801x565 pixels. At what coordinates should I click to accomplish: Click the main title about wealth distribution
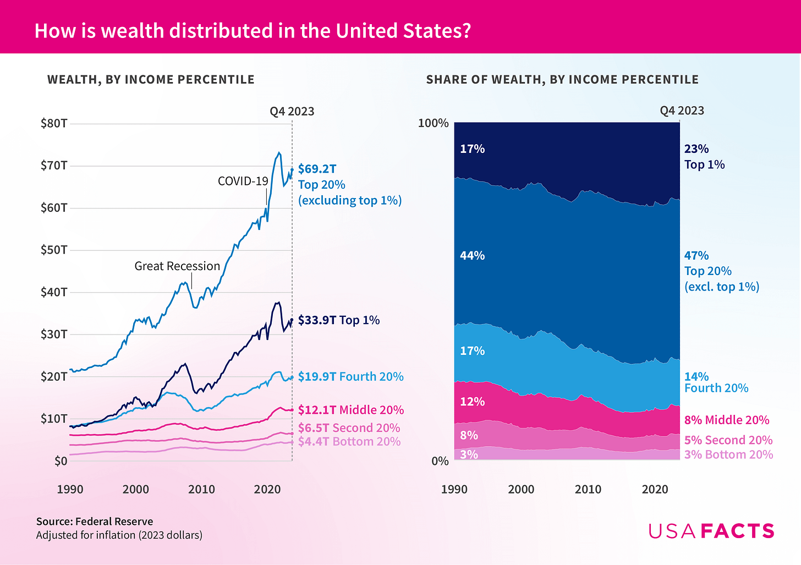pos(253,30)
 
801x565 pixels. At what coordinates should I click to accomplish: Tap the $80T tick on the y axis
pos(54,123)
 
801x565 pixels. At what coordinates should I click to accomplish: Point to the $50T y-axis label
pos(54,250)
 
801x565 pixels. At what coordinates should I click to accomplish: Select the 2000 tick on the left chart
pos(135,489)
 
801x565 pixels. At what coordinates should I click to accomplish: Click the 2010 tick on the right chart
pos(588,489)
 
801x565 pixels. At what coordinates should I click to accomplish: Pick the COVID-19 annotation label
pos(243,181)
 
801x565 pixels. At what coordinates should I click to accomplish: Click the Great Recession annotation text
pos(177,266)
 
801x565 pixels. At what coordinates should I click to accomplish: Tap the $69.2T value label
pos(317,169)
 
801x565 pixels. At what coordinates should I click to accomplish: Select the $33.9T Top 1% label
pos(339,320)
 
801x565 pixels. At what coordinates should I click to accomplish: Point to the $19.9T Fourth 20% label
pos(350,376)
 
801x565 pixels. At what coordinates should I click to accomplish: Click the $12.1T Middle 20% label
pos(350,410)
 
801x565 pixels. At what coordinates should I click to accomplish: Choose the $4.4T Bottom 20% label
pos(349,441)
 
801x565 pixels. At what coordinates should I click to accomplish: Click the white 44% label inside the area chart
pos(472,255)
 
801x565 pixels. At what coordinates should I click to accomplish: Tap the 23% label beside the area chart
pos(696,149)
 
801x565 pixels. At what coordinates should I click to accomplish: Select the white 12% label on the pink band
pos(472,402)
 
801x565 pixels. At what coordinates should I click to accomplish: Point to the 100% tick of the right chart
pos(434,123)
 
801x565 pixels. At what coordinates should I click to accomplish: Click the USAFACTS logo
pos(711,531)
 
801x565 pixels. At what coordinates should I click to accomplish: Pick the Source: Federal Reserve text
pos(95,522)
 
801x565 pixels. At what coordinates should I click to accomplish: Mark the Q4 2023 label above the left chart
pos(292,111)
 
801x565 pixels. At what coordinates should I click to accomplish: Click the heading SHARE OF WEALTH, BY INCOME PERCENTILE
pos(562,80)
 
